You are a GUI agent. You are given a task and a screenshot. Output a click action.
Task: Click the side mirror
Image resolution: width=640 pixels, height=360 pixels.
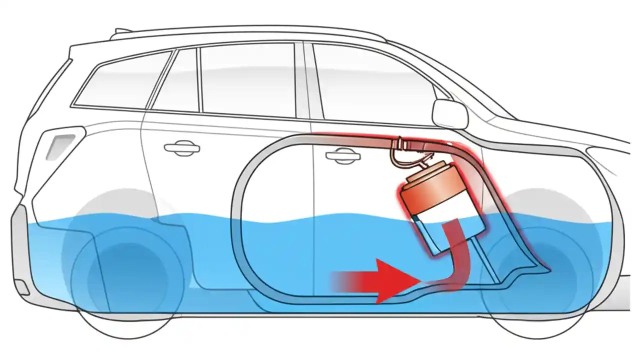(448, 113)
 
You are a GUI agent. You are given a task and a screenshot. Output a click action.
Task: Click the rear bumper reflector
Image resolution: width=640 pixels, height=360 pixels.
(22, 286)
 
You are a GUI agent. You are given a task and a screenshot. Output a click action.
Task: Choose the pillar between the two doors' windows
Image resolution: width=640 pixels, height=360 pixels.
(302, 80)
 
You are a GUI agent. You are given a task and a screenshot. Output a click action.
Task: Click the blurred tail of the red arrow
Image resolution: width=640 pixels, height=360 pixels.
(345, 281)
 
